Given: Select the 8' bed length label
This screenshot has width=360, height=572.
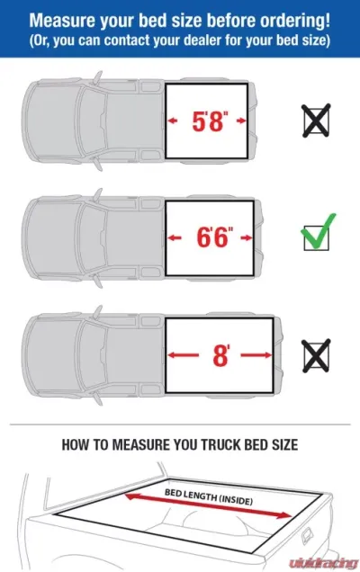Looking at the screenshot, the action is pyautogui.click(x=220, y=355).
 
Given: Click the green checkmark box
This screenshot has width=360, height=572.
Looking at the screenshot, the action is pyautogui.click(x=318, y=234).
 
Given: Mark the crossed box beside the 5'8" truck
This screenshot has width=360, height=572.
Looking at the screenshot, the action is pyautogui.click(x=316, y=121).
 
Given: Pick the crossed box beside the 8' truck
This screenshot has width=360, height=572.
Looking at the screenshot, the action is pyautogui.click(x=316, y=355).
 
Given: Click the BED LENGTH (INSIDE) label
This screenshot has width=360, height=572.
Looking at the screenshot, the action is pyautogui.click(x=209, y=496).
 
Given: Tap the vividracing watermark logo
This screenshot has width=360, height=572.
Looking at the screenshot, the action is pyautogui.click(x=323, y=563).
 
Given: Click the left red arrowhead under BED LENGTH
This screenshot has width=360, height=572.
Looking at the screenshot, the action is pyautogui.click(x=130, y=496).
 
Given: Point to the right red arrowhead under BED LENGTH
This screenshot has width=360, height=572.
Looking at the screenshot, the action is pyautogui.click(x=286, y=515).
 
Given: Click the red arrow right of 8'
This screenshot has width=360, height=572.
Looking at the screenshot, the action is pyautogui.click(x=256, y=355).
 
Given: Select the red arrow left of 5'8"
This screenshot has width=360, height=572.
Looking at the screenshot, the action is pyautogui.click(x=172, y=121).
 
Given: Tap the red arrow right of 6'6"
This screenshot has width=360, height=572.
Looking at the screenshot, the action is pyautogui.click(x=247, y=237).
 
